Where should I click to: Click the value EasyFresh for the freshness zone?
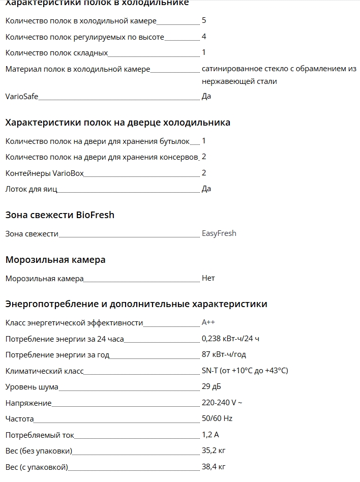click(x=219, y=233)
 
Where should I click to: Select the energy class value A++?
click(x=208, y=322)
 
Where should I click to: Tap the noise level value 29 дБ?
click(x=211, y=386)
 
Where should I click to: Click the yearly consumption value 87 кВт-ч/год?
click(x=224, y=354)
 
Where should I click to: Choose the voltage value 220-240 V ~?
click(x=222, y=403)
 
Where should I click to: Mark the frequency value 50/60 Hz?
click(x=217, y=418)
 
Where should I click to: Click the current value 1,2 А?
click(x=210, y=435)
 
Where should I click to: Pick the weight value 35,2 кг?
click(x=213, y=450)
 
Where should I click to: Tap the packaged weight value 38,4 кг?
click(x=213, y=466)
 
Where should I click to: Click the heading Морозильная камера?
click(x=55, y=260)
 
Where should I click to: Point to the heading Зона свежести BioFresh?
click(x=59, y=215)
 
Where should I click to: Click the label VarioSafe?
click(x=21, y=96)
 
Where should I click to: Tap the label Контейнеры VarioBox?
click(x=44, y=173)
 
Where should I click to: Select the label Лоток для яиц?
click(x=31, y=189)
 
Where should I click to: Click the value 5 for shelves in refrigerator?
click(x=204, y=20)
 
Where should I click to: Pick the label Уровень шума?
click(x=32, y=387)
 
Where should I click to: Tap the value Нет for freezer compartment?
click(x=208, y=278)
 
